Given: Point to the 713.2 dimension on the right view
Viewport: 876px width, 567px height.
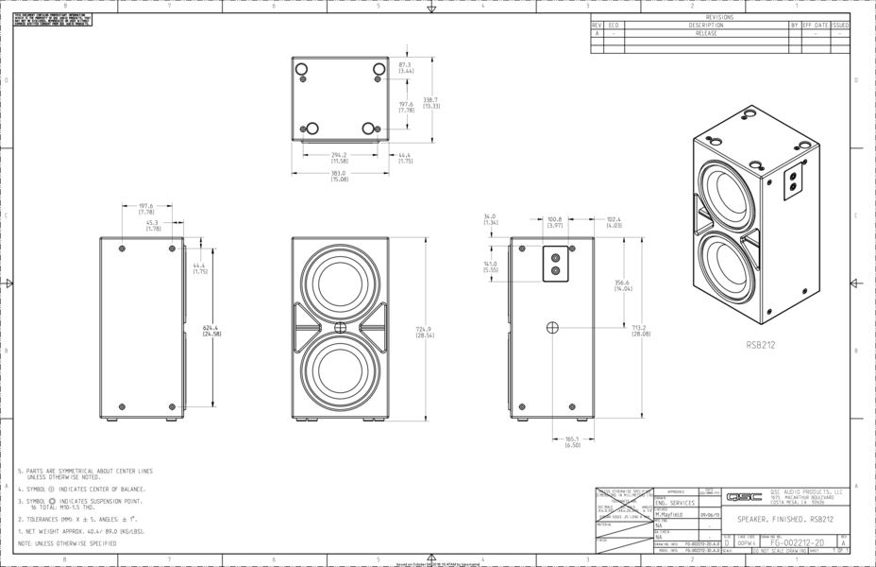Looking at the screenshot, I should [x=642, y=330].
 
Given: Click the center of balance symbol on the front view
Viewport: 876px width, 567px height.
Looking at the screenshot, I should [x=340, y=328].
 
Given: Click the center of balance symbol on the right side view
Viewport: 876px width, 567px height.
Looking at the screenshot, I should [x=552, y=328].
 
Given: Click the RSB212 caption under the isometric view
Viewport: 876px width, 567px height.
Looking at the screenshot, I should [x=760, y=345].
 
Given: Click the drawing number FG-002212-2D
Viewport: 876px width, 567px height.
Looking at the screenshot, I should [x=797, y=543].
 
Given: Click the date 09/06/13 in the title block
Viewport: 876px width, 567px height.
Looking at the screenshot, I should [x=709, y=515].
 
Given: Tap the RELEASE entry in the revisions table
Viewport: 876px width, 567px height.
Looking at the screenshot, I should [x=706, y=33].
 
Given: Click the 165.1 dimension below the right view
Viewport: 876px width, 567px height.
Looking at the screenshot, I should [x=572, y=441].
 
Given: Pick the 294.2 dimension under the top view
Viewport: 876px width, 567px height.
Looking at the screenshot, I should [x=338, y=157].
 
